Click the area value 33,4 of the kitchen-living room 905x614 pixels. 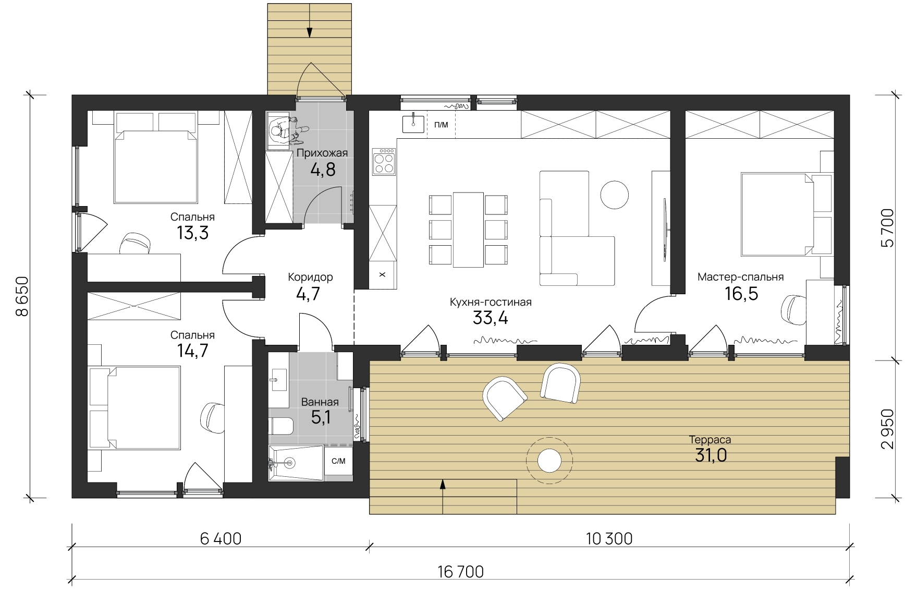tap(490, 317)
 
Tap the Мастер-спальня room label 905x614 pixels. tap(740, 277)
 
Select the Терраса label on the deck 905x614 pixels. tap(710, 440)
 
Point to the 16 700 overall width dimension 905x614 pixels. tap(461, 572)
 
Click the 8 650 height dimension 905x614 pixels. tap(22, 296)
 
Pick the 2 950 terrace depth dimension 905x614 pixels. tap(887, 429)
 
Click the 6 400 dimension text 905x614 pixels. tap(221, 538)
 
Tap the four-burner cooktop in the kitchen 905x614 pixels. tap(384, 162)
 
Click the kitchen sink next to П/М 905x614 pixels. tap(413, 124)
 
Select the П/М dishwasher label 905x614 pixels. tap(441, 125)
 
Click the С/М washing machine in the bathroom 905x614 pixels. tap(338, 461)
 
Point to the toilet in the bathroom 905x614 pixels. tap(280, 426)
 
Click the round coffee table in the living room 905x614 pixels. tap(615, 194)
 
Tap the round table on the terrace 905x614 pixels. tap(549, 461)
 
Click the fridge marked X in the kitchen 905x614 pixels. tap(383, 274)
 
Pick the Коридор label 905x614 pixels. tap(310, 277)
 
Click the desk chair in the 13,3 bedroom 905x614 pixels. tap(134, 244)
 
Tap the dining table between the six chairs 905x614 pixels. tap(468, 230)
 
